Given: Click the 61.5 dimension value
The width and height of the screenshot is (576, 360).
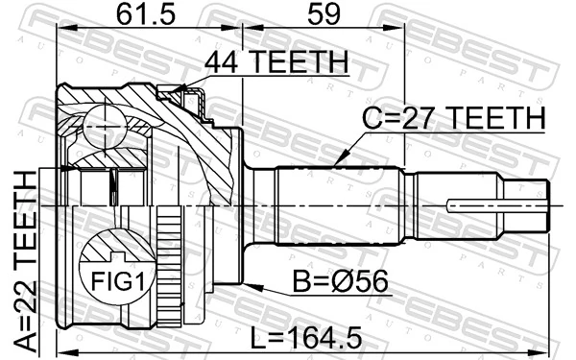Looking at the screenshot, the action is pos(146,14).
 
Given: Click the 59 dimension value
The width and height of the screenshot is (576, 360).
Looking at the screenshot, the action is pos(324,14).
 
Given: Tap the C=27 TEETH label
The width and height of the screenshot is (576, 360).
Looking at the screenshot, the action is pos(454,118).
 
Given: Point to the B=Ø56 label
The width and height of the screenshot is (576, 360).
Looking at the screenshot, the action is pos(340,281).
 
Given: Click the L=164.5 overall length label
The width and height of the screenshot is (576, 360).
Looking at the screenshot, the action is pos(306,338).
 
